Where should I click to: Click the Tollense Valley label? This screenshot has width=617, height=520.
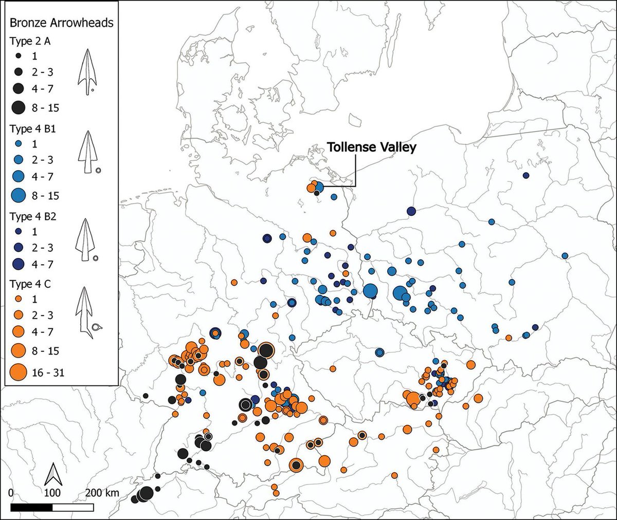coord(371,147)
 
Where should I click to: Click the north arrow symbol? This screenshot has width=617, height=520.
coord(52,474)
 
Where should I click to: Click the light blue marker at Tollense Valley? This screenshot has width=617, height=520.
coord(318,187)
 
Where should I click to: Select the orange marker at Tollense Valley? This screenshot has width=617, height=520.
coord(311,188)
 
